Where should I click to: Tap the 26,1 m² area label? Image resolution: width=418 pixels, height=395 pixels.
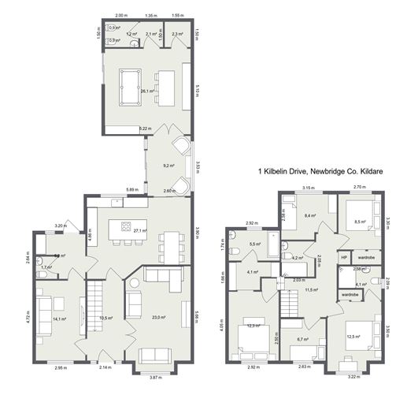[x=146, y=91]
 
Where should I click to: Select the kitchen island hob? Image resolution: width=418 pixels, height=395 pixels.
[x=124, y=228]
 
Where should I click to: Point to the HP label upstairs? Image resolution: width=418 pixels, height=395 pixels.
[x=344, y=257]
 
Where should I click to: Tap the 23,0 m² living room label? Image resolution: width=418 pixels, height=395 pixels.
[x=158, y=318]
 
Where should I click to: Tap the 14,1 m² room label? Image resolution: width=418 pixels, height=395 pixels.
[x=59, y=319]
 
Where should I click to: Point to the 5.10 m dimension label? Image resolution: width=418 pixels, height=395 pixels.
[x=198, y=88]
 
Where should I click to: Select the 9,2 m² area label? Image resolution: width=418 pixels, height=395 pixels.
[x=168, y=166]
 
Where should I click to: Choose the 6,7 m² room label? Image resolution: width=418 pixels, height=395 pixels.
[x=301, y=339]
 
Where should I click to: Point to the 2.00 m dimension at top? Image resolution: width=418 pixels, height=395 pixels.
[x=121, y=15]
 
